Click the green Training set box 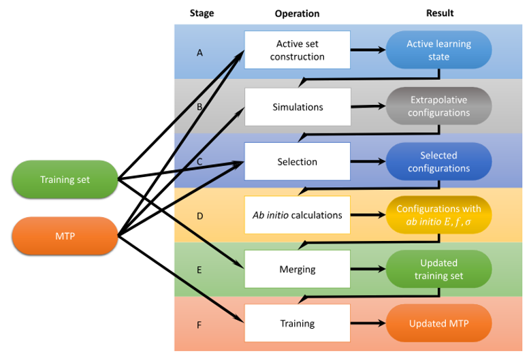[x=65, y=180]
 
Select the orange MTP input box [x=65, y=235]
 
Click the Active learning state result [x=438, y=50]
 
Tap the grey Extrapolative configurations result [x=438, y=106]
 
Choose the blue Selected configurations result [x=438, y=161]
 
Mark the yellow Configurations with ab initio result [x=438, y=215]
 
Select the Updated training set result [x=438, y=269]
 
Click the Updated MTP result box [x=438, y=323]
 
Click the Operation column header [x=297, y=13]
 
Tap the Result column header [x=439, y=13]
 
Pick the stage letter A [x=199, y=52]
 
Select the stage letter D [x=199, y=216]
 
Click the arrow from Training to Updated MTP [x=368, y=323]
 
